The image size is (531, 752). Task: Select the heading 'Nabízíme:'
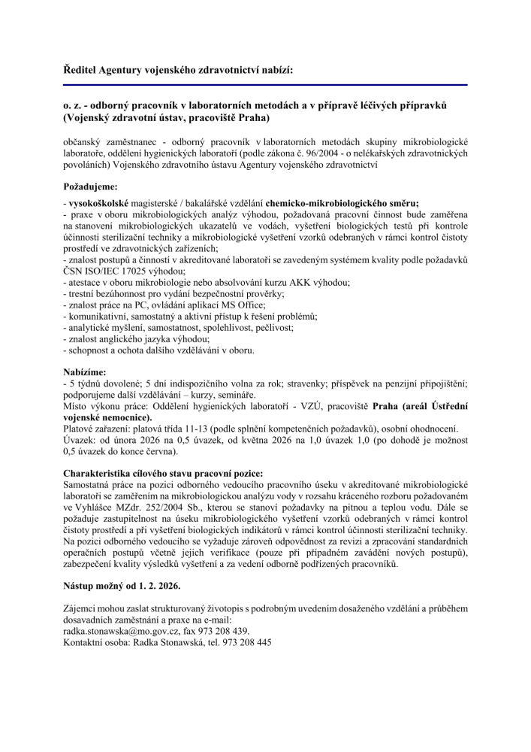[x=85, y=371]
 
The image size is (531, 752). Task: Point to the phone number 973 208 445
[x=246, y=643]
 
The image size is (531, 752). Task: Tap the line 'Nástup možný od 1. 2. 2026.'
[x=126, y=584]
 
